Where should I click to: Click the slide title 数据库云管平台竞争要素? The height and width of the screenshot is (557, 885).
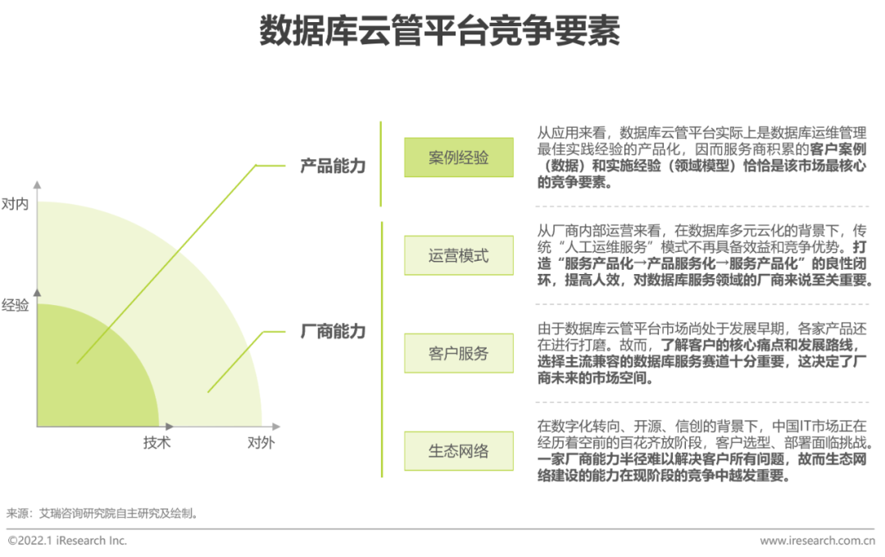click(x=440, y=32)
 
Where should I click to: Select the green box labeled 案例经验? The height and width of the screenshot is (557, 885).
click(x=458, y=158)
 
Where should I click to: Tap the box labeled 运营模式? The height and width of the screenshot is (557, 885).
click(x=458, y=255)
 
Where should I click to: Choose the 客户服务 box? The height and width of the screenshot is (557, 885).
click(x=458, y=354)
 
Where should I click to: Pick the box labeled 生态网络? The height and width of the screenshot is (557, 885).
click(x=458, y=451)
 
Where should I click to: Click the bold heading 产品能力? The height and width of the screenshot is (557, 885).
click(x=333, y=166)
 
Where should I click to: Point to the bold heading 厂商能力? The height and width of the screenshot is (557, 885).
click(x=333, y=332)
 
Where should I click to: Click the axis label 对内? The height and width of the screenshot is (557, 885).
click(x=15, y=203)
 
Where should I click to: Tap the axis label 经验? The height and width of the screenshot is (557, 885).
click(x=15, y=305)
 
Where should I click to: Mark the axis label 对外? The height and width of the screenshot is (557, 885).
click(x=261, y=442)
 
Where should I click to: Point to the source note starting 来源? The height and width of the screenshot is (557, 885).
click(x=102, y=514)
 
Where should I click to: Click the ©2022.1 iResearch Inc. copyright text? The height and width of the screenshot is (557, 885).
click(x=67, y=541)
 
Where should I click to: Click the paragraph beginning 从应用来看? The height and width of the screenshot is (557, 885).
click(x=702, y=158)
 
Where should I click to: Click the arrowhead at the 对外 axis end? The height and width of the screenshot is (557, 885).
click(x=276, y=427)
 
